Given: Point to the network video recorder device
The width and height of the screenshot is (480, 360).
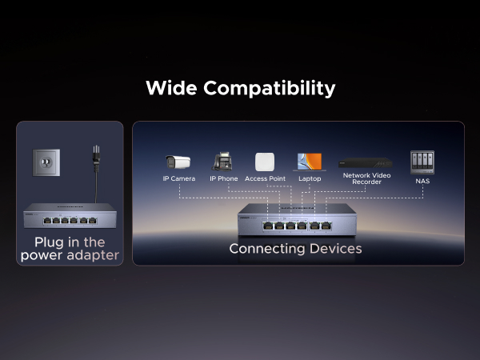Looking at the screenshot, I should [366, 162].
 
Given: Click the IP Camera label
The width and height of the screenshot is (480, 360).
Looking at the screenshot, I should [179, 178].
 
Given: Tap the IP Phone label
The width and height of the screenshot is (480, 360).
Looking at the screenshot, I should [223, 178].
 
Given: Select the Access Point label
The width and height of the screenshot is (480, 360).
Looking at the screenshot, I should [266, 178].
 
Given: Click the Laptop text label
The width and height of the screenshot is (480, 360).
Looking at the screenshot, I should [310, 178].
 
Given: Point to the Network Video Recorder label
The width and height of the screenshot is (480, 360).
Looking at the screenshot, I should [366, 178].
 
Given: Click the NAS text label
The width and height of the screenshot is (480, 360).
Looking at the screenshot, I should [422, 182].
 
